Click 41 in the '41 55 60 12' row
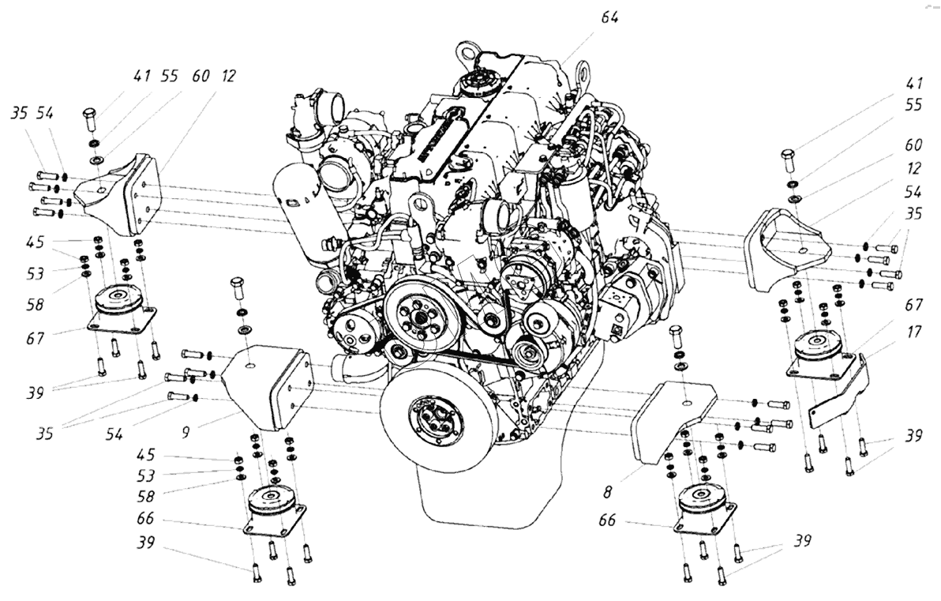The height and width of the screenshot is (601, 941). coord(141,77)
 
